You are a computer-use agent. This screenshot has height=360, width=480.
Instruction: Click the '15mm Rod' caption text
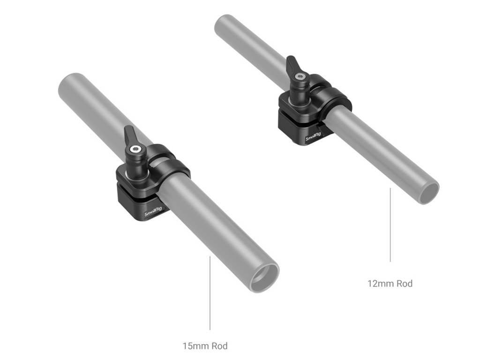205,346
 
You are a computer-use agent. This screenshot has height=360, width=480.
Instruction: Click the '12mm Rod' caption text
390,284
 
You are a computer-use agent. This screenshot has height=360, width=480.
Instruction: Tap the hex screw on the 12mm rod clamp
299,77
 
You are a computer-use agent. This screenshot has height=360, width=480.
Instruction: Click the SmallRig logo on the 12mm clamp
313,137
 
